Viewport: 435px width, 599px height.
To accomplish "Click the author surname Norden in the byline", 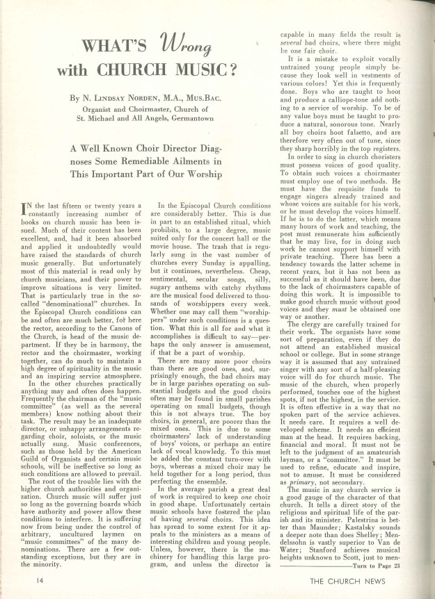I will click(139, 99).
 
